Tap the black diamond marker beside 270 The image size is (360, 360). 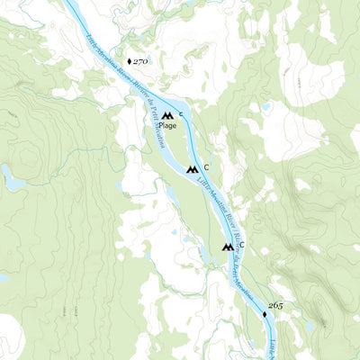point(130,61)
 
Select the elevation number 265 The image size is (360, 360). point(274,306)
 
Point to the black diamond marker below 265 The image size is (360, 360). point(265,315)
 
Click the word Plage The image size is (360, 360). point(167,126)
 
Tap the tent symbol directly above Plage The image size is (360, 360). point(167,115)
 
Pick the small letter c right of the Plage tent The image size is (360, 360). point(181,114)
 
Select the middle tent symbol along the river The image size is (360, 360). point(192,168)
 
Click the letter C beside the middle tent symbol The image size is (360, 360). point(206,167)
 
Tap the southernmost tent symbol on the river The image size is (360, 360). point(227,247)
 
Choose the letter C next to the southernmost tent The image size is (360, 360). point(241,246)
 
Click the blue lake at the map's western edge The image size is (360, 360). point(13,177)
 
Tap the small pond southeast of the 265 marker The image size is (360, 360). point(310,326)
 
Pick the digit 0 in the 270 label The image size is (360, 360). point(147,61)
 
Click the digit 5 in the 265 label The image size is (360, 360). point(280,306)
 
